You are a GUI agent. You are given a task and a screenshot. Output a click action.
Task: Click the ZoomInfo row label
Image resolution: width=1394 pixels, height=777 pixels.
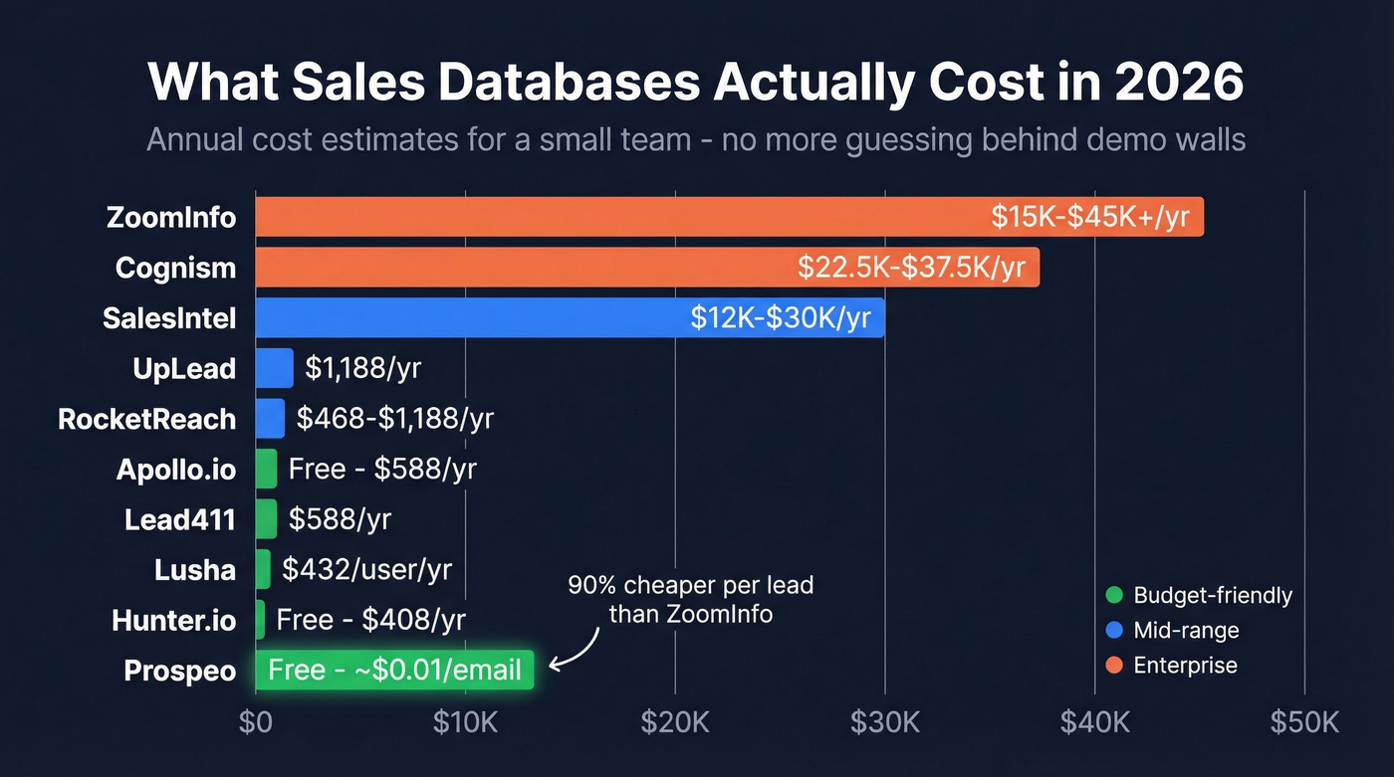point(171,217)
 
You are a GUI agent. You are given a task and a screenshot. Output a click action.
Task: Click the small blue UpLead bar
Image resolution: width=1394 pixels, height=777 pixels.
point(274,368)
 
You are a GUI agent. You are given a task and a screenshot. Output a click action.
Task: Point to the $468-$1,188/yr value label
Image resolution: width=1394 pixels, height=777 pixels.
point(394,419)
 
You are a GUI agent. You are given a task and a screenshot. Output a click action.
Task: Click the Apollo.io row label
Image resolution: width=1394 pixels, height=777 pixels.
point(176,470)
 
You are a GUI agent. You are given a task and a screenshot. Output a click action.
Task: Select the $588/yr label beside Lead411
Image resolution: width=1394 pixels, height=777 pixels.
point(340,519)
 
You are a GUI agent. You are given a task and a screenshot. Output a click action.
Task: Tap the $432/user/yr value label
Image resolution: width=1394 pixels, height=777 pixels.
point(366,569)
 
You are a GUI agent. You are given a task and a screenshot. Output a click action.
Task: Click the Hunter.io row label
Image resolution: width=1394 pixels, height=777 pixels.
point(174,621)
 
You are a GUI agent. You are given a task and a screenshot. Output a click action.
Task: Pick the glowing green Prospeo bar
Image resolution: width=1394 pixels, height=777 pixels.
point(394,670)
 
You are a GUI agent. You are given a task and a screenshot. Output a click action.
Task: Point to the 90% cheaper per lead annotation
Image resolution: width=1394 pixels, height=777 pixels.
point(690,599)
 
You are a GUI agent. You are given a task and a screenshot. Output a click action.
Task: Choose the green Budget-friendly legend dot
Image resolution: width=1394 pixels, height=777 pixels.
point(1114,596)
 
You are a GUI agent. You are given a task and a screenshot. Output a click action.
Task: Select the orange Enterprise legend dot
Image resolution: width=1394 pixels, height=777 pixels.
point(1114,666)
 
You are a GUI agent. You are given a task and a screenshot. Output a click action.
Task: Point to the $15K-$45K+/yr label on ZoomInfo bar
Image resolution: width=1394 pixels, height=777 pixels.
point(1090,217)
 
